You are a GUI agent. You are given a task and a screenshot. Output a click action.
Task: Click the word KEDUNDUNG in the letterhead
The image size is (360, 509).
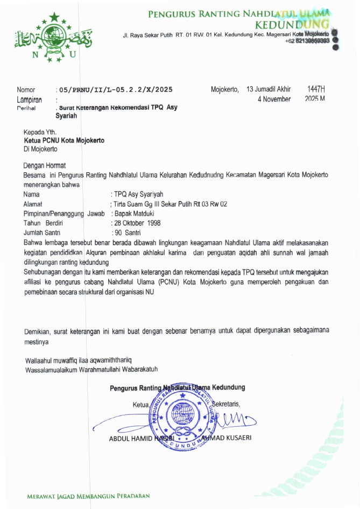pyautogui.click(x=292, y=24)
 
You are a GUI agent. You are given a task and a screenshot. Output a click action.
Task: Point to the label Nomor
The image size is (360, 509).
pyautogui.click(x=26, y=90)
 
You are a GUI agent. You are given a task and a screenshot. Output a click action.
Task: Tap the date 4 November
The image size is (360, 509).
pyautogui.click(x=274, y=99)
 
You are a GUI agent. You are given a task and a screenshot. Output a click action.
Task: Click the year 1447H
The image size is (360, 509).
pyautogui.click(x=316, y=89)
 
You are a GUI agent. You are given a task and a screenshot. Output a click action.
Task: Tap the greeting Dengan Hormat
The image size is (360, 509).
pyautogui.click(x=45, y=166)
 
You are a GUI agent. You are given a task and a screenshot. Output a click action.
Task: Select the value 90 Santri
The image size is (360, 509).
pyautogui.click(x=127, y=232)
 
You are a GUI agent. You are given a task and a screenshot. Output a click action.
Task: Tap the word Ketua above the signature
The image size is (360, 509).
pyautogui.click(x=141, y=404)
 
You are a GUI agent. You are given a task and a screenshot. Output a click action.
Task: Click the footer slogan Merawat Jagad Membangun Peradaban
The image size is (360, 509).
pyautogui.click(x=88, y=496)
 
